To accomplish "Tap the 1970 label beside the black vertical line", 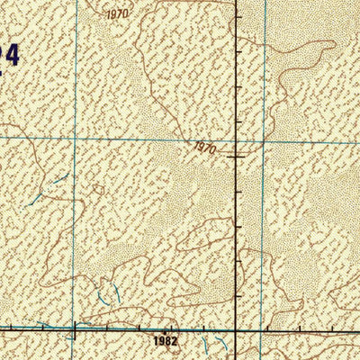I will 204,148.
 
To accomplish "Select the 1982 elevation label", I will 166,342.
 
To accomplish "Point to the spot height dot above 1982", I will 166,330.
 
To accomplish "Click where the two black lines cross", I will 237,330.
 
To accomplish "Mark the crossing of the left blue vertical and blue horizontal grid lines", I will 74,138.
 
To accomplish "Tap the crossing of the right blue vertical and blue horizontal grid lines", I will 264,140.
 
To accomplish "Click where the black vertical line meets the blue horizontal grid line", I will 237,140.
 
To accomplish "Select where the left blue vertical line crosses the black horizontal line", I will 72,330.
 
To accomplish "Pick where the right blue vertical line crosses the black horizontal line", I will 262,330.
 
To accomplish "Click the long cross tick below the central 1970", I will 237,156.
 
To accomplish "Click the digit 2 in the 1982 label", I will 175,342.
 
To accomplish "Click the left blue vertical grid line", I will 74,225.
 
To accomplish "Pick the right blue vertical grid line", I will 264,225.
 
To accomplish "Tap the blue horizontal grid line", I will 135,139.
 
